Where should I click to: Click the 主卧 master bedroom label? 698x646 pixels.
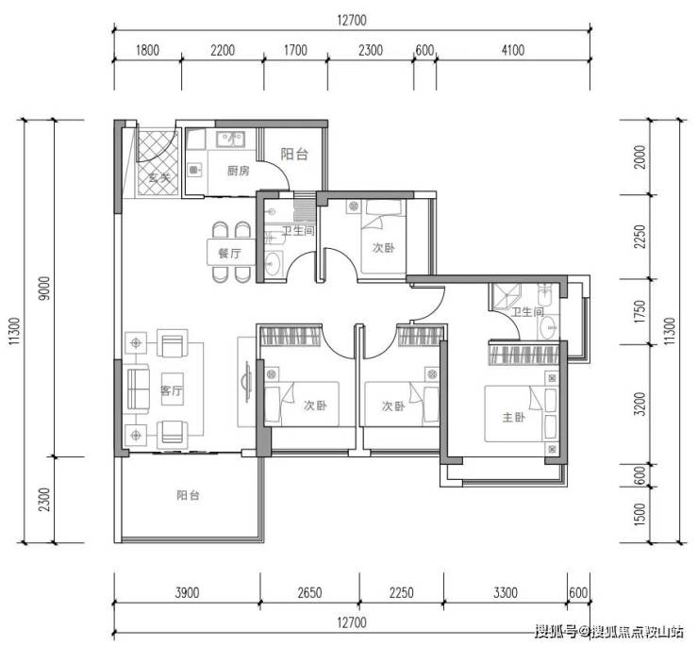click(x=514, y=417)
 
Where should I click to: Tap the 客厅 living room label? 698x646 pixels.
click(x=172, y=390)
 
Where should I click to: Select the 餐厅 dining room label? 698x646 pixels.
click(x=230, y=254)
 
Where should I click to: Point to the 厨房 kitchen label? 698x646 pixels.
click(x=238, y=171)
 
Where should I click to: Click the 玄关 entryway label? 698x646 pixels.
click(x=159, y=177)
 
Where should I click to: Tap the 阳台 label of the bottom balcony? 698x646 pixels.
click(x=188, y=495)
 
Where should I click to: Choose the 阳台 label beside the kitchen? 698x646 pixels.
click(x=294, y=154)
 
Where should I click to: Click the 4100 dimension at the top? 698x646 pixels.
click(x=513, y=50)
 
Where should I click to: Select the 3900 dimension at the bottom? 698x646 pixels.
click(x=187, y=592)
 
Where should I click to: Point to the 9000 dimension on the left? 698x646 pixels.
click(x=45, y=288)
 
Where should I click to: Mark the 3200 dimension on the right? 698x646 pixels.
click(x=640, y=404)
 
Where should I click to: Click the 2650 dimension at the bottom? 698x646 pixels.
click(x=309, y=592)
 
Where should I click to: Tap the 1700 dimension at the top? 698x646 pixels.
click(x=295, y=50)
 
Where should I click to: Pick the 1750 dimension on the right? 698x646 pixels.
click(x=640, y=311)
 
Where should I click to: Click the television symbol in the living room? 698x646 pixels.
click(x=246, y=382)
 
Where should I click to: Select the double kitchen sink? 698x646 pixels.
click(x=230, y=139)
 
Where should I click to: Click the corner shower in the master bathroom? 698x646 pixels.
click(x=506, y=296)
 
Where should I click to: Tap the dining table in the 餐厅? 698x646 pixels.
click(x=231, y=253)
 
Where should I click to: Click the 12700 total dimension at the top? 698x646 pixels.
click(x=352, y=21)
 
